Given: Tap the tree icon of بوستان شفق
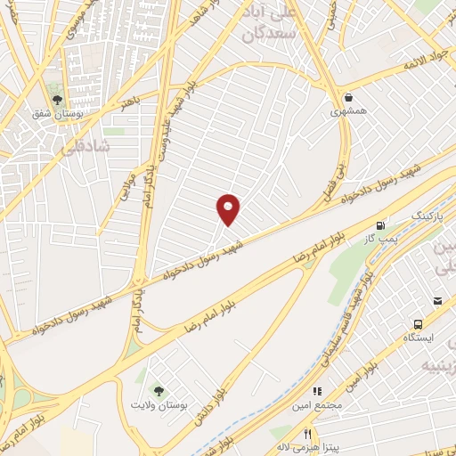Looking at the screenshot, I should pos(58,101).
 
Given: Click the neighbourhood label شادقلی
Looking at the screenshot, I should pos(86,147).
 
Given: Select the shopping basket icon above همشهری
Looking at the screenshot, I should pos(346,97).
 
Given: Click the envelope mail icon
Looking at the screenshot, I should pos(438,303).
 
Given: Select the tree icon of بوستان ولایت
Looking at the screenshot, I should pos(158,389).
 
